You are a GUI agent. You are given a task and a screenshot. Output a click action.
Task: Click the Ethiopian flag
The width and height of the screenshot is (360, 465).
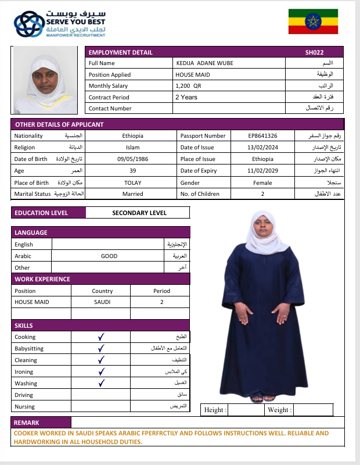point(313,22)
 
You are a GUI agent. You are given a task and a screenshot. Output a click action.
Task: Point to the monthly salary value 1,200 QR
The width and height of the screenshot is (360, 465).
point(188,85)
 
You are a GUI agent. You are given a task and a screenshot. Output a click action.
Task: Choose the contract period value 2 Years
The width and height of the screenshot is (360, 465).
point(186,97)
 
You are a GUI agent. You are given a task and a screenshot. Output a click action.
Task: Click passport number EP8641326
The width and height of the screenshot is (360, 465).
point(262,135)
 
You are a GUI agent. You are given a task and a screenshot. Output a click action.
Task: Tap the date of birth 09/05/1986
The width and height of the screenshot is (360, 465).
point(132,159)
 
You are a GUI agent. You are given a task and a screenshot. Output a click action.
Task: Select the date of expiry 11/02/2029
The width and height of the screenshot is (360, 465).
point(262,170)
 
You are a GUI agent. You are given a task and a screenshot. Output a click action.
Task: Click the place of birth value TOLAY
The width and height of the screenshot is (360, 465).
point(132,182)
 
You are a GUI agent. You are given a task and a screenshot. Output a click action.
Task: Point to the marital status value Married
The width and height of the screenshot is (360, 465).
point(132,194)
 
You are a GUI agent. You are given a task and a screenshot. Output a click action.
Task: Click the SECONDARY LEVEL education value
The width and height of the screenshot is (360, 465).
point(139,213)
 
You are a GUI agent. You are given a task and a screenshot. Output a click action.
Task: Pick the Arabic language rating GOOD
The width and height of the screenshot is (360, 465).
point(109,256)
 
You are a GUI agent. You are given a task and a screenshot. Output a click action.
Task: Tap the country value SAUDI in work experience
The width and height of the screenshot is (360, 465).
point(102,302)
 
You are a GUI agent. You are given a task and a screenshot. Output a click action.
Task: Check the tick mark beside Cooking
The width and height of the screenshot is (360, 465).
point(101,337)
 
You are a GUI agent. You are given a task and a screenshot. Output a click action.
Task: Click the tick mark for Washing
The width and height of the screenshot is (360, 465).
point(101,383)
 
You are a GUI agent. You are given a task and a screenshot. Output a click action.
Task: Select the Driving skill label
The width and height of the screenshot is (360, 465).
point(24,395)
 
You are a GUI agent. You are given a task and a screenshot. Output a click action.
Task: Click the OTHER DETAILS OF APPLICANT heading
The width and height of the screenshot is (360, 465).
point(59,124)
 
